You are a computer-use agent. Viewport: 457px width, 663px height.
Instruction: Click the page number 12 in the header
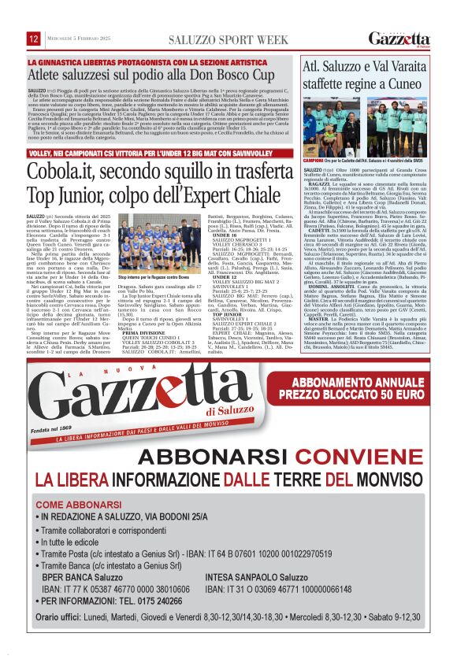coord(34,39)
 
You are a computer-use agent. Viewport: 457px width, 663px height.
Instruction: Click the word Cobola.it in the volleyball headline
coord(73,171)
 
